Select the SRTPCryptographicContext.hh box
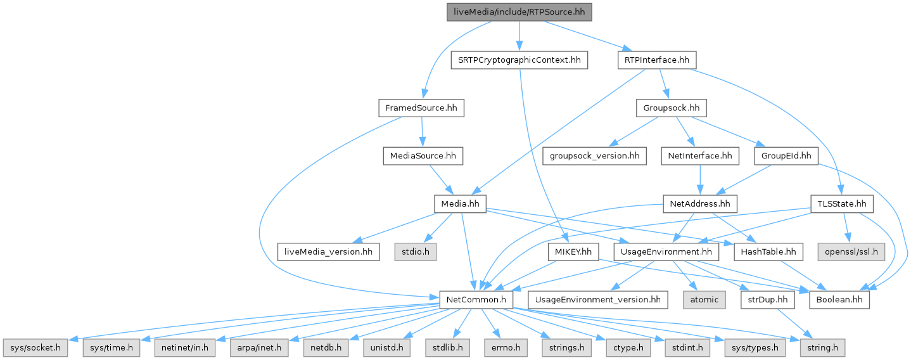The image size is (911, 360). click(x=519, y=60)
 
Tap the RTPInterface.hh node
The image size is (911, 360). click(x=656, y=60)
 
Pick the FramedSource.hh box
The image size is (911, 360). click(x=421, y=108)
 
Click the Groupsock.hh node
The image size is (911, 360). click(x=671, y=108)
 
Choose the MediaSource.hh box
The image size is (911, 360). click(x=423, y=156)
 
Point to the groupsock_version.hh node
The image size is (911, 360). click(x=594, y=156)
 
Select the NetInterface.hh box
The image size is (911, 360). click(x=699, y=156)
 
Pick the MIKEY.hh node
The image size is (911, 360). click(x=573, y=252)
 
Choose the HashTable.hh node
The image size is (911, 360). click(x=767, y=252)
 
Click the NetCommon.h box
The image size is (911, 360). click(x=476, y=299)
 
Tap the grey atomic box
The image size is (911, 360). click(x=704, y=299)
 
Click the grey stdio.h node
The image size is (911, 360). click(x=416, y=252)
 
